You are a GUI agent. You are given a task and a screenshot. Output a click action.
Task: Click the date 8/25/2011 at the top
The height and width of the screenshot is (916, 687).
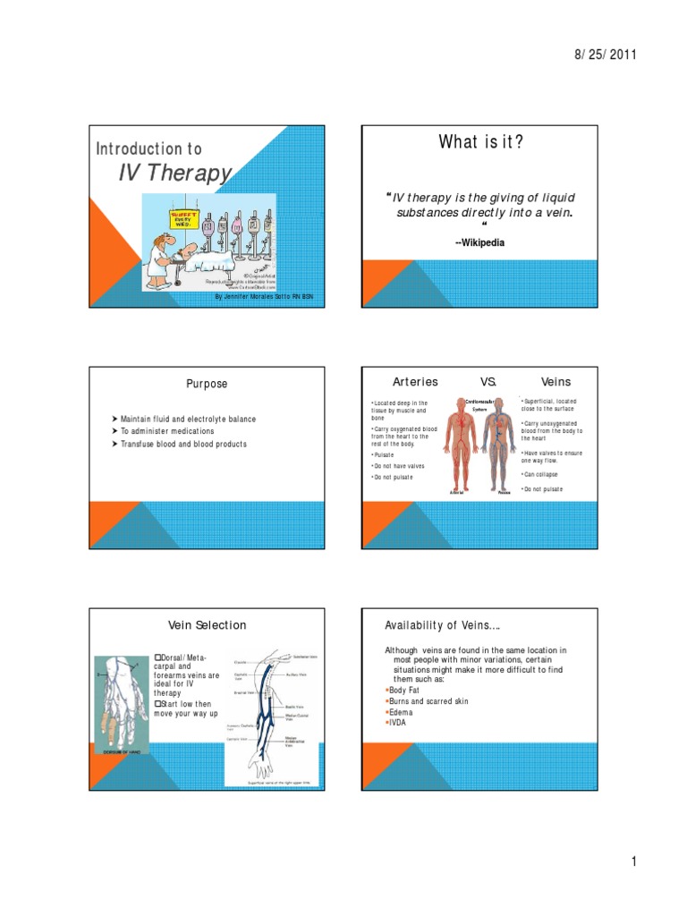tap(606, 55)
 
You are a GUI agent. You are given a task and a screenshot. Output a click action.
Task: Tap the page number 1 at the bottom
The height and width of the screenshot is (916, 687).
tap(632, 861)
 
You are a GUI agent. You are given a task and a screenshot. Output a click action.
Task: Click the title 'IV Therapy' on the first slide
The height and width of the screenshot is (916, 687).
tap(174, 173)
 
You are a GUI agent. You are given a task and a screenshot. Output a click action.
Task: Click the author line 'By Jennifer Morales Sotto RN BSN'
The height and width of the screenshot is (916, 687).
tap(266, 296)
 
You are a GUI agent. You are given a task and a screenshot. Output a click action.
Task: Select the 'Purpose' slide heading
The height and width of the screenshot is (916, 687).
tap(207, 384)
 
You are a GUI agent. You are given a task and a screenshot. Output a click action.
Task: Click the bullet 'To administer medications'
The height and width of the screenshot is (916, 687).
tap(161, 431)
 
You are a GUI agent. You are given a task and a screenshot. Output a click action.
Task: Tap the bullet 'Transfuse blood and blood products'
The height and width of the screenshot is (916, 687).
tap(180, 444)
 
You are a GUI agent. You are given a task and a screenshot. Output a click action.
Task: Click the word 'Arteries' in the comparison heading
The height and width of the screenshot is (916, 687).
tap(415, 382)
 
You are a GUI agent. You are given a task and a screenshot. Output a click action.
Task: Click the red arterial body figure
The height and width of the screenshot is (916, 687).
tap(461, 447)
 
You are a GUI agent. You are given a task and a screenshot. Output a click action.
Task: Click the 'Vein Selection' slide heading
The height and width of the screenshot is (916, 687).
tap(208, 624)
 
